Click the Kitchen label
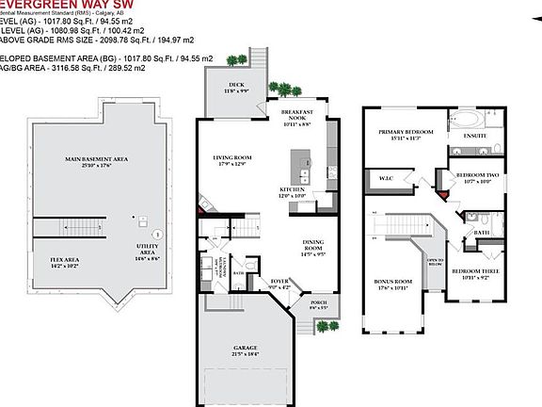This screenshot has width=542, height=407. [293, 192]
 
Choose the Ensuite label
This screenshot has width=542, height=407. [474, 137]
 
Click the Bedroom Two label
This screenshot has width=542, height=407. [473, 178]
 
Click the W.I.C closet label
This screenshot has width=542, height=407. [385, 178]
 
